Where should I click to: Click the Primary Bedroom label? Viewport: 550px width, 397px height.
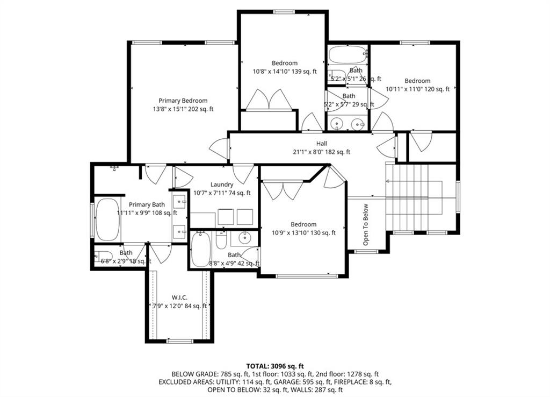pyautogui.click(x=183, y=101)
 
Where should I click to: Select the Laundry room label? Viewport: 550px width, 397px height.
pyautogui.click(x=221, y=185)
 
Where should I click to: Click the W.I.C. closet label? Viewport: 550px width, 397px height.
pyautogui.click(x=179, y=297)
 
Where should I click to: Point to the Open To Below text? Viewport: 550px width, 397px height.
pyautogui.click(x=366, y=224)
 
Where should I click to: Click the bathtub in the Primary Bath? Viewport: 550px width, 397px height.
pyautogui.click(x=107, y=219)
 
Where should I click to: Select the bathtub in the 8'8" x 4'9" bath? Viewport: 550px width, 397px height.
pyautogui.click(x=201, y=249)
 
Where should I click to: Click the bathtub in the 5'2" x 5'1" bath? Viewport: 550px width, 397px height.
pyautogui.click(x=346, y=54)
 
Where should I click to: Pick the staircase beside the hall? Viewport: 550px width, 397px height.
pyautogui.click(x=414, y=197)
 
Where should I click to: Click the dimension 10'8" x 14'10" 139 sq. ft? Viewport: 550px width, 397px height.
pyautogui.click(x=285, y=71)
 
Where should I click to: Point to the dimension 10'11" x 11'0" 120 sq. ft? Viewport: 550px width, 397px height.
pyautogui.click(x=417, y=89)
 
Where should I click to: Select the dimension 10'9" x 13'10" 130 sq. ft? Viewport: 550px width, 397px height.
pyautogui.click(x=303, y=233)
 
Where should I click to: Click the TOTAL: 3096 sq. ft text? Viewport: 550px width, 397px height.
pyautogui.click(x=274, y=366)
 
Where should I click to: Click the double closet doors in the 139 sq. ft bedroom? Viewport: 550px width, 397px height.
pyautogui.click(x=269, y=100)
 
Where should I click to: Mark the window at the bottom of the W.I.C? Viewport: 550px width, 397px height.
pyautogui.click(x=179, y=341)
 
